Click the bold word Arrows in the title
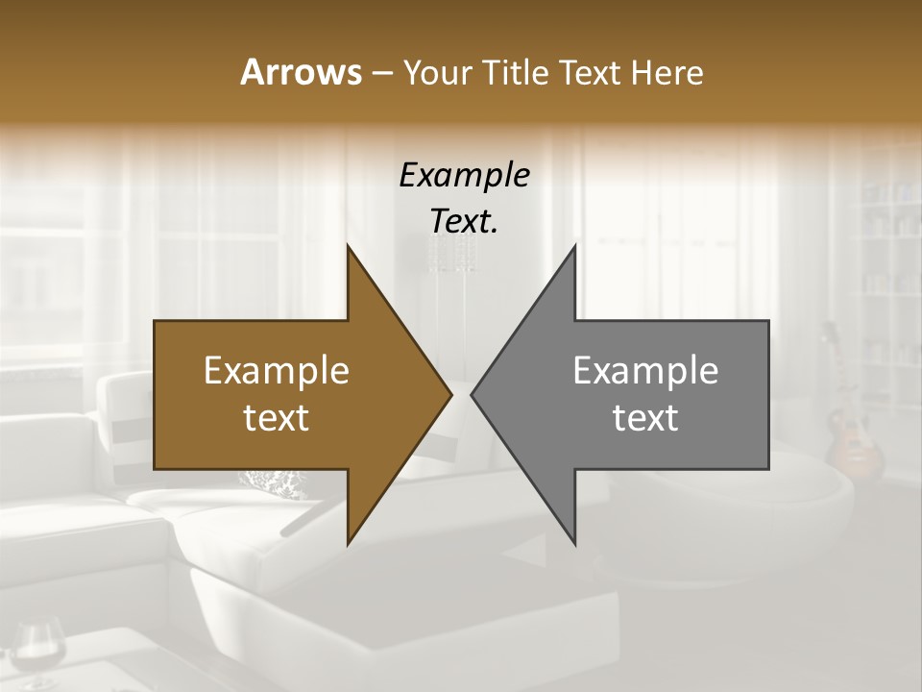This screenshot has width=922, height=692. click(301, 73)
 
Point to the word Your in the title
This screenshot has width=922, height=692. click(435, 73)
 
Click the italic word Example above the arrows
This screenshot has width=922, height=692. click(464, 175)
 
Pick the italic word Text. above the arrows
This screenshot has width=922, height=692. click(464, 222)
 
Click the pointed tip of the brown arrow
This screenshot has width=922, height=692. click(450, 394)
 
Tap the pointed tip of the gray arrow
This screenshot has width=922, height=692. click(472, 394)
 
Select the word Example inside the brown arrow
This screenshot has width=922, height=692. click(277, 371)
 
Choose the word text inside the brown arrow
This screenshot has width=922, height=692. click(277, 418)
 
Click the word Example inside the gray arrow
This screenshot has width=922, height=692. click(645, 371)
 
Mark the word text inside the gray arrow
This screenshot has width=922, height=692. click(645, 418)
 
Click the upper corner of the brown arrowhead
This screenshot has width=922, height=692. click(348, 246)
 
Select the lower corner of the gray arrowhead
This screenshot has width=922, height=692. click(574, 543)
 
